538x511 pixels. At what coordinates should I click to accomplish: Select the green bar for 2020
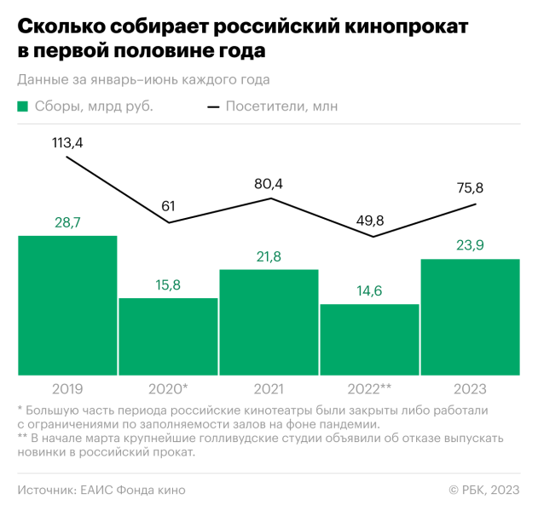168,336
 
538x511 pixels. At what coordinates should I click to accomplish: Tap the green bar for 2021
269,322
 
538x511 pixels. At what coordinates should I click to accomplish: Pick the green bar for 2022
369,339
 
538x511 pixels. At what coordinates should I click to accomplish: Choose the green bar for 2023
471,316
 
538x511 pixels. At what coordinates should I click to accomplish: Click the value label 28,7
67,223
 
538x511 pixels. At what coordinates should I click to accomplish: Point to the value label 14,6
369,291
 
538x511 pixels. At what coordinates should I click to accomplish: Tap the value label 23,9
471,245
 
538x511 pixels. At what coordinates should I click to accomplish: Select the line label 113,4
67,142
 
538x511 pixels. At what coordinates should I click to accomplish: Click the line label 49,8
369,221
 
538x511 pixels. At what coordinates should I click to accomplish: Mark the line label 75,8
471,188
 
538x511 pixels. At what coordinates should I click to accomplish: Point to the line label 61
168,207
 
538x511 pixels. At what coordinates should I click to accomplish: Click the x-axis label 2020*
168,389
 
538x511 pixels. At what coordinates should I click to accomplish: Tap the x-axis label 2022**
369,389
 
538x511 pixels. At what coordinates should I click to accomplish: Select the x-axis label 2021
269,389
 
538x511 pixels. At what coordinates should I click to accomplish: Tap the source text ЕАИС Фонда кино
132,490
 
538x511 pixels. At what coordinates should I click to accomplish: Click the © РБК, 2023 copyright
483,490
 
